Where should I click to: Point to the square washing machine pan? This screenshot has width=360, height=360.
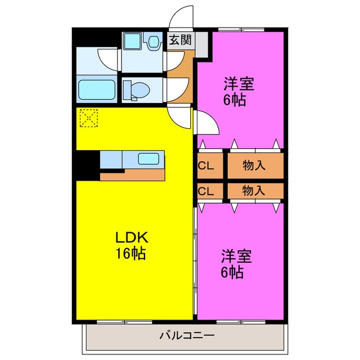pyautogui.click(x=133, y=41)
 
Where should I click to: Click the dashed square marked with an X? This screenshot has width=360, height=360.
pyautogui.click(x=88, y=118)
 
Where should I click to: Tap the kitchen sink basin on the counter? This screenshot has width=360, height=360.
pyautogui.click(x=149, y=159)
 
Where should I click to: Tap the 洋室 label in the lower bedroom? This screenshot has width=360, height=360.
pyautogui.click(x=236, y=256)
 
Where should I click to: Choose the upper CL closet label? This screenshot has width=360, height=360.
pyautogui.click(x=205, y=165)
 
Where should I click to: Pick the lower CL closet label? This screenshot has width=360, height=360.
pyautogui.click(x=205, y=191)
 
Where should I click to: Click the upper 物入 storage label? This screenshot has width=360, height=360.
pyautogui.click(x=254, y=165)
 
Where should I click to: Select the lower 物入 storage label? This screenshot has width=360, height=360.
pyautogui.click(x=254, y=190)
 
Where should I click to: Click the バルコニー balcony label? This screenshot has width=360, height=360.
pyautogui.click(x=186, y=336)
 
